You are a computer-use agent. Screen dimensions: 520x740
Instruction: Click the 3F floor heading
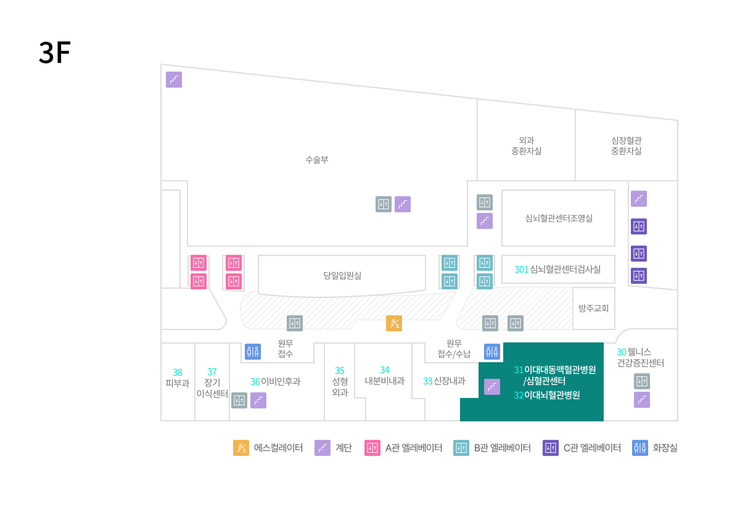click(x=54, y=53)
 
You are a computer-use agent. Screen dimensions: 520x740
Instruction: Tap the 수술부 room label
click(x=317, y=159)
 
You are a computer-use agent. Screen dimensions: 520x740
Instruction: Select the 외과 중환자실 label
click(x=526, y=146)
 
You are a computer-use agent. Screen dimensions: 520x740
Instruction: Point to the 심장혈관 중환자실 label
click(x=626, y=146)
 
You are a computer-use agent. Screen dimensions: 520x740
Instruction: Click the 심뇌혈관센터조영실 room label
click(x=559, y=218)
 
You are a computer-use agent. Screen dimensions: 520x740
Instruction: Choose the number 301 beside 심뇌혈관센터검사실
click(x=522, y=269)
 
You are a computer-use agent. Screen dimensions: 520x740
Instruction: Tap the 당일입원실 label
click(x=342, y=275)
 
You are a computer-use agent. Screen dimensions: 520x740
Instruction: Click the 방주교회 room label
click(x=594, y=308)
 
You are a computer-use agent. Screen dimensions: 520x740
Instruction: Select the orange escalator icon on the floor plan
click(x=394, y=323)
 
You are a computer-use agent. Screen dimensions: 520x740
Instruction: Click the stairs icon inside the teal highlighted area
click(x=492, y=387)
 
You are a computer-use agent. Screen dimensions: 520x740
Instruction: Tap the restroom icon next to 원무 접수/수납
click(x=492, y=352)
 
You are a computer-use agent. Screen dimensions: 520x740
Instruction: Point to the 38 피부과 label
click(x=178, y=378)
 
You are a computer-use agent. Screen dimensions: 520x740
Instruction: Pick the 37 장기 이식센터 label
click(x=212, y=382)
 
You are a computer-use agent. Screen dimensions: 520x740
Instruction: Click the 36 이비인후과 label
click(x=275, y=381)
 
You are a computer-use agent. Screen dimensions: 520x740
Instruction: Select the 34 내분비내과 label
click(x=384, y=375)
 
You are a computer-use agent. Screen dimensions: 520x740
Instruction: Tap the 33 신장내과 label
click(x=444, y=381)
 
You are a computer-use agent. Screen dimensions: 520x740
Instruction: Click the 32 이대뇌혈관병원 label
click(x=546, y=395)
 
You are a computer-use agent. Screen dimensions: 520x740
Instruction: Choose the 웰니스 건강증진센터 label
click(x=640, y=357)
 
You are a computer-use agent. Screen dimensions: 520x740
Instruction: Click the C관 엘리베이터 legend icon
click(x=551, y=448)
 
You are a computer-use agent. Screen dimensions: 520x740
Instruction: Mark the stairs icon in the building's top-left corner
click(x=174, y=80)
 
